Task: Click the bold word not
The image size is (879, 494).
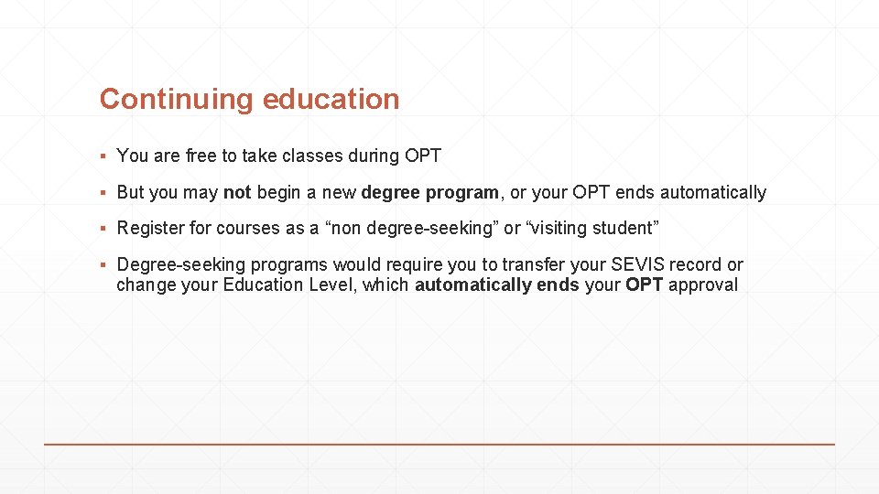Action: (x=237, y=192)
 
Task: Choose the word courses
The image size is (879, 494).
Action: (x=248, y=228)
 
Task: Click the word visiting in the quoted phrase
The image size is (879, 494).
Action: (x=563, y=228)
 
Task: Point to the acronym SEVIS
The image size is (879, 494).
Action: (x=637, y=264)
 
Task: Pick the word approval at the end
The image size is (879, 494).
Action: (x=703, y=285)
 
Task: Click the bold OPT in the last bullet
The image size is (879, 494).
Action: (x=645, y=285)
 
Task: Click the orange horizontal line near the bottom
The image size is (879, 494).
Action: (x=439, y=444)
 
